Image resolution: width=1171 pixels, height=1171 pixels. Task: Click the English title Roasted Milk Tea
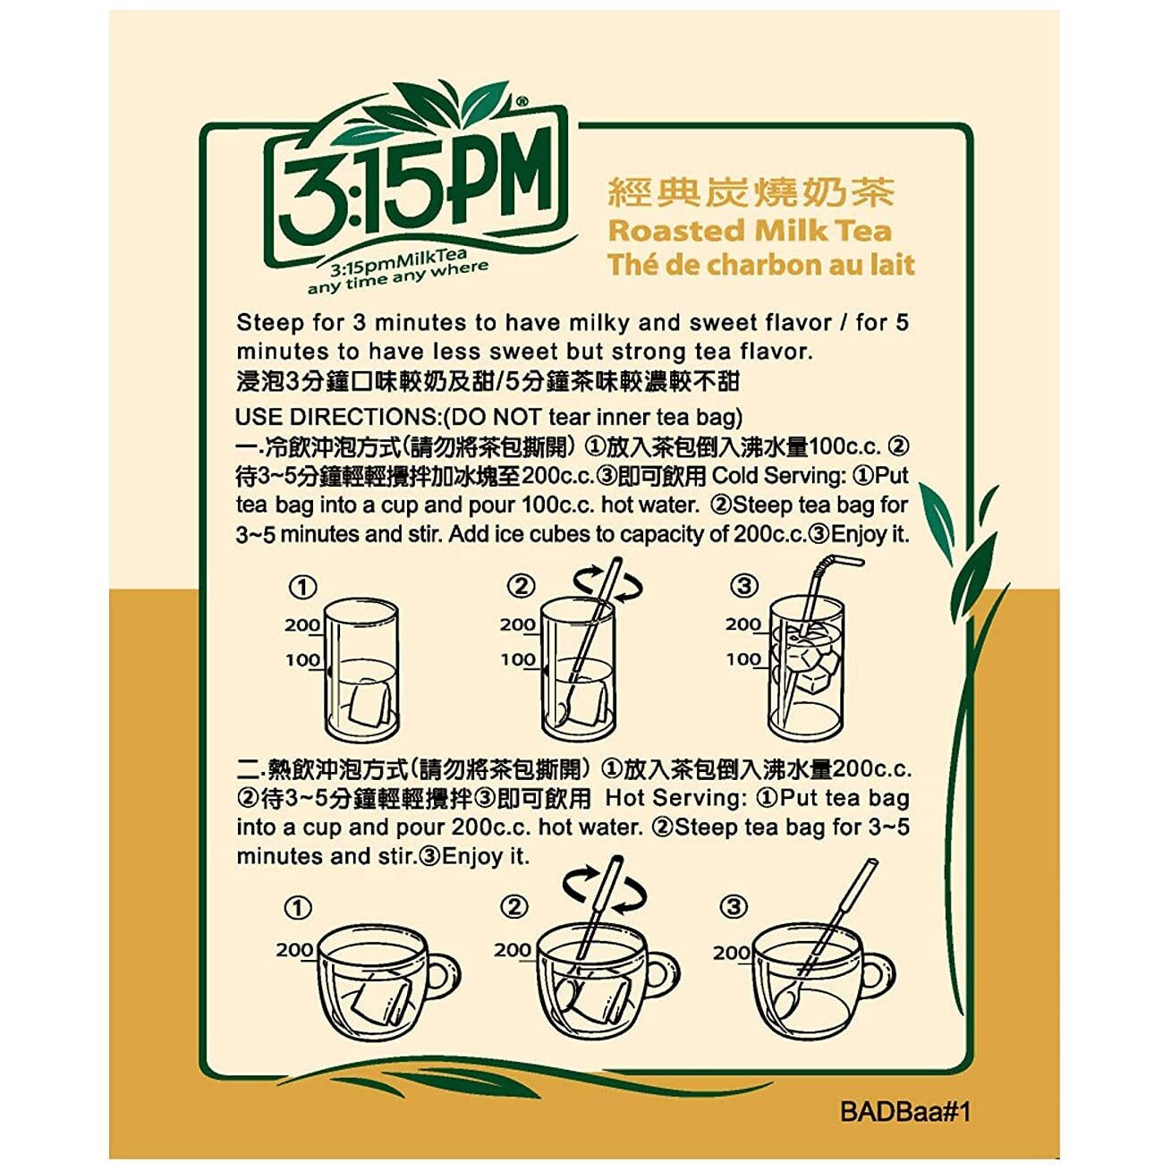tap(750, 231)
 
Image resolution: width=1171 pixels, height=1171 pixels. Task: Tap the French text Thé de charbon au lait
tap(760, 266)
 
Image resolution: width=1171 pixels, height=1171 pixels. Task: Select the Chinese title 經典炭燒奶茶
tap(750, 192)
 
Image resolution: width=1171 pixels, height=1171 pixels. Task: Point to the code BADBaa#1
tap(905, 1112)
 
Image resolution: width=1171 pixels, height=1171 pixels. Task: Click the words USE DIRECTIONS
tap(335, 417)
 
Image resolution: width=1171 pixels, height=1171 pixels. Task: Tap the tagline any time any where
tap(398, 278)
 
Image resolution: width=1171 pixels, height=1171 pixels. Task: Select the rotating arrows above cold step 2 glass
tap(607, 584)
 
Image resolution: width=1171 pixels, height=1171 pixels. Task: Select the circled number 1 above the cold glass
tap(302, 587)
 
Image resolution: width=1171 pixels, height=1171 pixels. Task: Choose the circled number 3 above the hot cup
tap(733, 907)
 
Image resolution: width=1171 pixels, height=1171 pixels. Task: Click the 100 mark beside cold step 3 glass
tap(743, 659)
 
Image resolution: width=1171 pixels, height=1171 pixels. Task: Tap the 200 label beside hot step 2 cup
tap(513, 949)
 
